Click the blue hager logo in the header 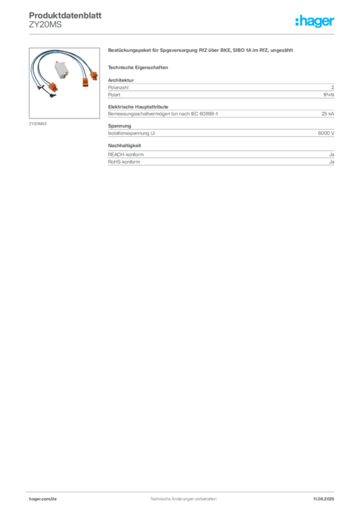[x=316, y=22]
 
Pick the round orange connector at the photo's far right [x=92, y=76]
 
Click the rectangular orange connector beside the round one [x=85, y=78]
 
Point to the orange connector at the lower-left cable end [x=51, y=89]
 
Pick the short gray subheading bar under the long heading [x=139, y=67]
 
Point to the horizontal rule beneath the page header [x=183, y=33]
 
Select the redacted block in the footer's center [x=183, y=496]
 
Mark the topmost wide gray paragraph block [x=221, y=88]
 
